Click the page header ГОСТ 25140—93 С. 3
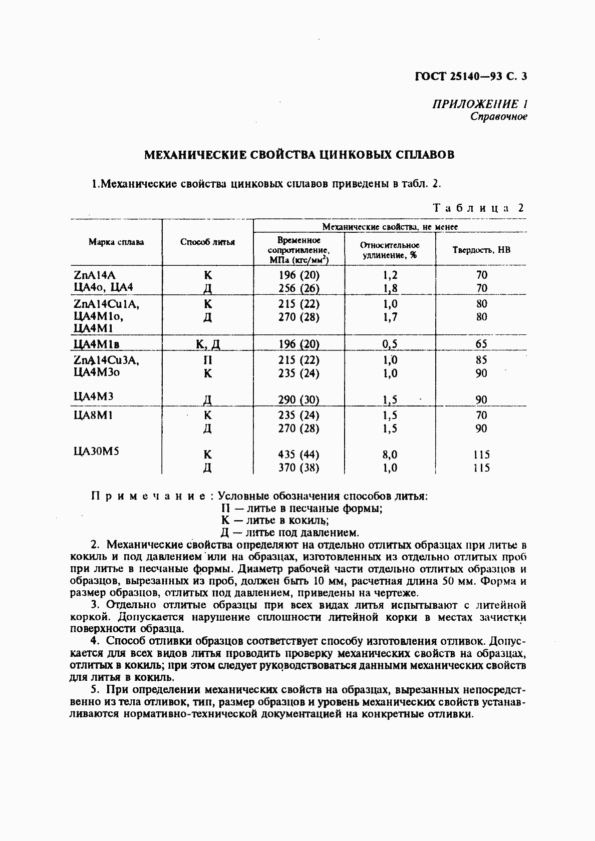[471, 77]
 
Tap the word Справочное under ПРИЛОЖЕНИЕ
[498, 117]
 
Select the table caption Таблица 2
[478, 208]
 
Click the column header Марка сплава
[116, 242]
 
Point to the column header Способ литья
[207, 242]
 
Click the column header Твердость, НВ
[481, 249]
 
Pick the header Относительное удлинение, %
[390, 250]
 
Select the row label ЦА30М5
[96, 451]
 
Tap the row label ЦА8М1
[94, 415]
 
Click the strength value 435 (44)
[299, 455]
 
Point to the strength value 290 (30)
[299, 399]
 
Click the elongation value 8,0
[390, 455]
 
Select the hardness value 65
[481, 344]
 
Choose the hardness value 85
[481, 360]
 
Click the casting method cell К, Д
[208, 344]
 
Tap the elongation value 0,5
[390, 344]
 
